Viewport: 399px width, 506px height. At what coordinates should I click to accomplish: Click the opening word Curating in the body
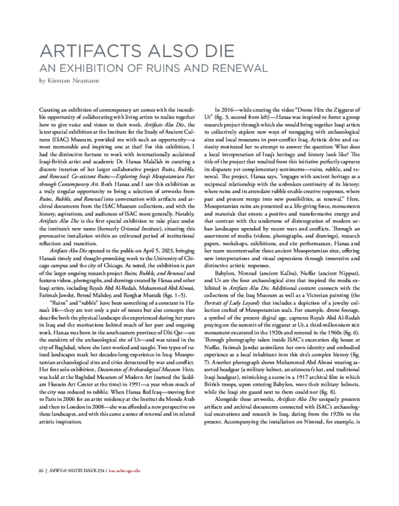[51, 107]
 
